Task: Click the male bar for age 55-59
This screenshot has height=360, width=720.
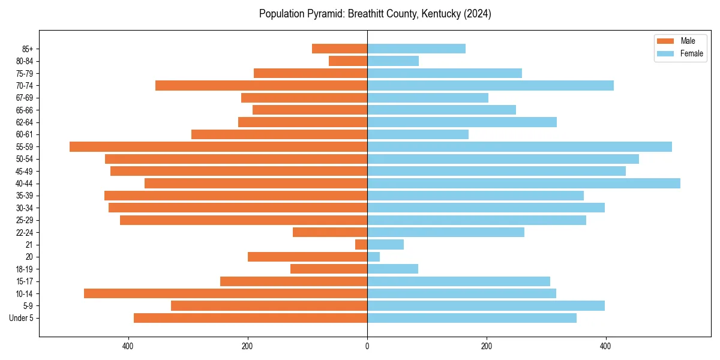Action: [x=218, y=146]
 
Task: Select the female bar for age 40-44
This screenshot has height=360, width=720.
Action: [x=523, y=183]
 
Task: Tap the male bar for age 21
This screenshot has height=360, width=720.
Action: [x=361, y=244]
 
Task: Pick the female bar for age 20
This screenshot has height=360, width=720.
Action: [x=373, y=257]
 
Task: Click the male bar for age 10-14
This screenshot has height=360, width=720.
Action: [x=226, y=293]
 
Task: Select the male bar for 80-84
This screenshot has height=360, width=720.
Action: [x=348, y=61]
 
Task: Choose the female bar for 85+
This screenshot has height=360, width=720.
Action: [x=416, y=49]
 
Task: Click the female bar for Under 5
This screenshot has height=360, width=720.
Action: [x=472, y=318]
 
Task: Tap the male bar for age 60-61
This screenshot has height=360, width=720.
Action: [x=279, y=134]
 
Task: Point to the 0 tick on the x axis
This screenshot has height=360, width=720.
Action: [x=367, y=346]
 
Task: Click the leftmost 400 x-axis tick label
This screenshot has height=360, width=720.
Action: [x=128, y=346]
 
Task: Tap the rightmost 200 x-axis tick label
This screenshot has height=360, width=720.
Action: [x=487, y=346]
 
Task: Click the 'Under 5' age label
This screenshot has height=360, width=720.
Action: [x=22, y=318]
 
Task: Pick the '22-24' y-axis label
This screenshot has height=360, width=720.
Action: [x=25, y=232]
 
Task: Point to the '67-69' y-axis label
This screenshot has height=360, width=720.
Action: [x=25, y=98]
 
